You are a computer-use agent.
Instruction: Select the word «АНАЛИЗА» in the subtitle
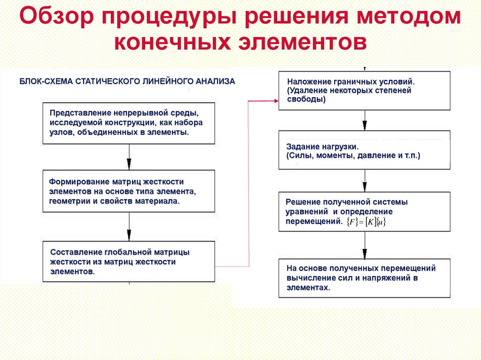[214, 81]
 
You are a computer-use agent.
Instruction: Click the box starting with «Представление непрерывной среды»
[129, 123]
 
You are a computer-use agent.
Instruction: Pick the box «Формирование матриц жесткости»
[129, 191]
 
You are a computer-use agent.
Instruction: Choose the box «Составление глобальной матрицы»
[129, 262]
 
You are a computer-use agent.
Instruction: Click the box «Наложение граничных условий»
[364, 91]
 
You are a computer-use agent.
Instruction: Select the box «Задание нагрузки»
[364, 150]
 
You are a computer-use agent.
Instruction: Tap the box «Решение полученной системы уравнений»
[364, 211]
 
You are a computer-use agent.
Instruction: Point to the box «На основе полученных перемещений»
[364, 278]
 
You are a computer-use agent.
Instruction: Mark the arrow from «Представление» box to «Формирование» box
[129, 157]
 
